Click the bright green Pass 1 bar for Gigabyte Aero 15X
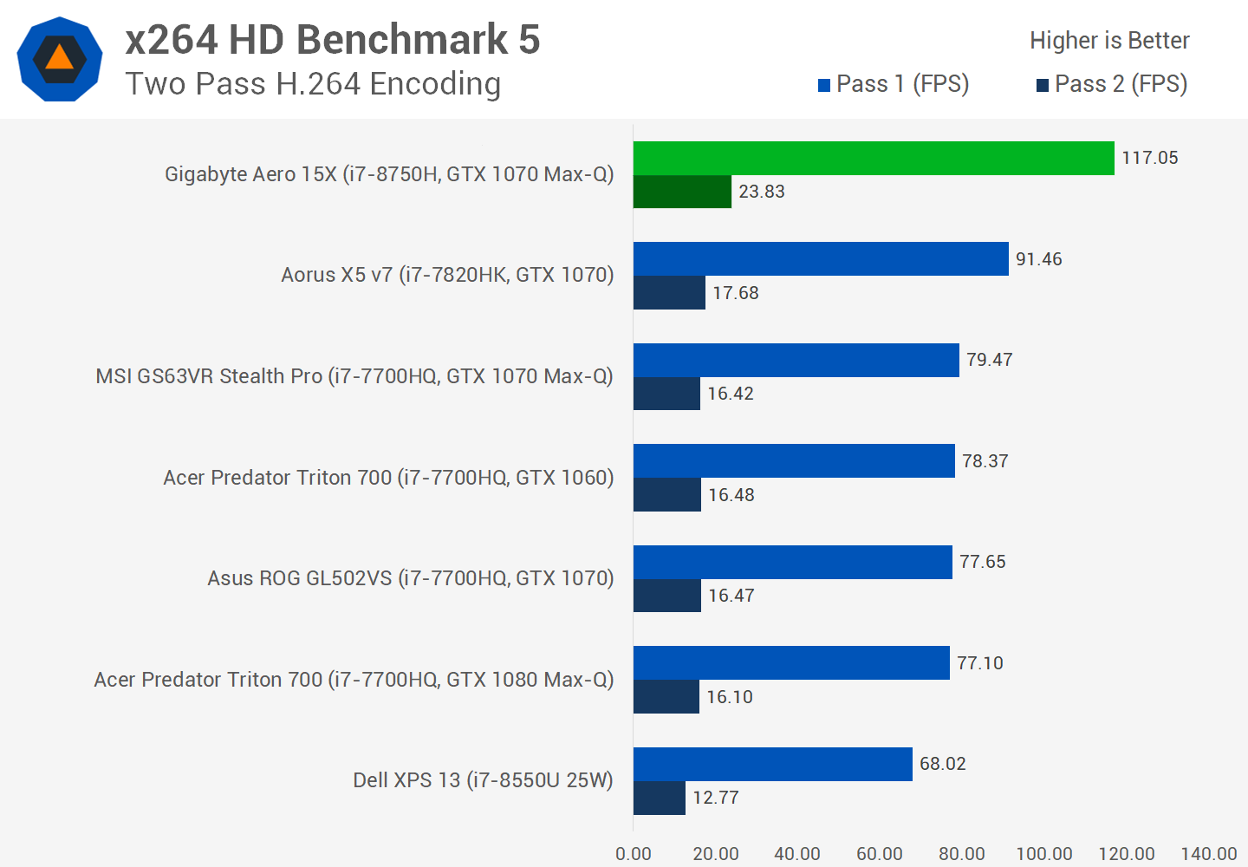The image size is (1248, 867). [874, 158]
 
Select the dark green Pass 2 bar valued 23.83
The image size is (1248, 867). [682, 192]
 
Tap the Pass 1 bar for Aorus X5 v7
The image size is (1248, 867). [821, 258]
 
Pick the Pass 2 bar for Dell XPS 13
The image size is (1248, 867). [660, 798]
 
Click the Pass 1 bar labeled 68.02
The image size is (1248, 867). [772, 764]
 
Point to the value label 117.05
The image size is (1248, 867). [1149, 158]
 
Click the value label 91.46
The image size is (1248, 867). [1038, 259]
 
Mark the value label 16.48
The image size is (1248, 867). [731, 495]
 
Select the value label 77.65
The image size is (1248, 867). [982, 562]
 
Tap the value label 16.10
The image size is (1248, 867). [729, 697]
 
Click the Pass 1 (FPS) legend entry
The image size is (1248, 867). [894, 84]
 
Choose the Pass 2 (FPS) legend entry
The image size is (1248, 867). [1112, 84]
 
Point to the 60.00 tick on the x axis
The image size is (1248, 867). [879, 854]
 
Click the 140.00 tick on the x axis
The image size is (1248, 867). [1208, 854]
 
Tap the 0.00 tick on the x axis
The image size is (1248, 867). [634, 854]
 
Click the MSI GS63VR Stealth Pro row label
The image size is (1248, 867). [354, 376]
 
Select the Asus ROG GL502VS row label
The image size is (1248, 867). [410, 578]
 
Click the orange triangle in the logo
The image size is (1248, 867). [59, 58]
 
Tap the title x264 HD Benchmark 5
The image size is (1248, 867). [333, 40]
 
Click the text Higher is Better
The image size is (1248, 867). [1109, 41]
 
